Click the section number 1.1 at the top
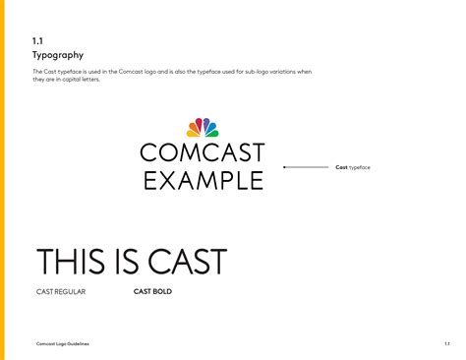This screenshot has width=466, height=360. [36, 40]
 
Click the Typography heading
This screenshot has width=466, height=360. [58, 56]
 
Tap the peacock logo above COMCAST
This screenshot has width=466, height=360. [203, 127]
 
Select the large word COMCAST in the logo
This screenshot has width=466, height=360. [203, 152]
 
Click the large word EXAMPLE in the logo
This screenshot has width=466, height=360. [203, 180]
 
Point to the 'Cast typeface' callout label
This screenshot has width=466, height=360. [353, 167]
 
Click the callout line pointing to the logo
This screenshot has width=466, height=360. [306, 167]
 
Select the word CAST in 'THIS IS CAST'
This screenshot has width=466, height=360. [187, 262]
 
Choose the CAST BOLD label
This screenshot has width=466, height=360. [152, 291]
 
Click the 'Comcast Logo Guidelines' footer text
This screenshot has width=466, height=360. [62, 343]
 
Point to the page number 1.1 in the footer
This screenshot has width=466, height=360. [446, 343]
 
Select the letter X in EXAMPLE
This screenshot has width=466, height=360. [169, 180]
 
